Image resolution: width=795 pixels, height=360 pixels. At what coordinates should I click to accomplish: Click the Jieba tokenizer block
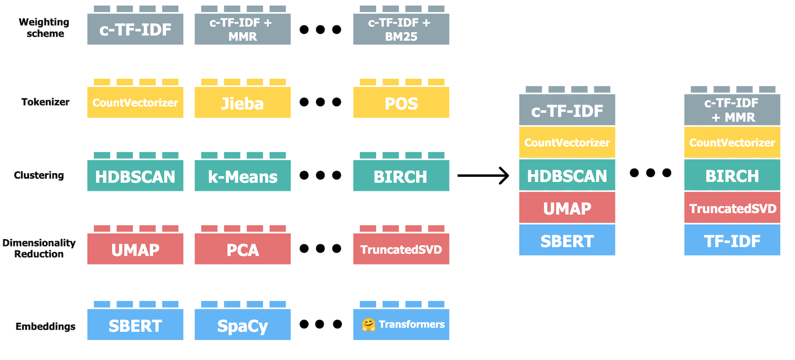(242, 102)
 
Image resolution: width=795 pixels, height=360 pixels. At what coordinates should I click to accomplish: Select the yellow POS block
(401, 102)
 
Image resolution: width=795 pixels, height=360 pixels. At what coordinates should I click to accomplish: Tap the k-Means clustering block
(242, 176)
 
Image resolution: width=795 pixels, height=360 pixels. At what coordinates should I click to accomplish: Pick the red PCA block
(242, 249)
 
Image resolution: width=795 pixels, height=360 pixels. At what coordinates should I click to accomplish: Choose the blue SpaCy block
(242, 325)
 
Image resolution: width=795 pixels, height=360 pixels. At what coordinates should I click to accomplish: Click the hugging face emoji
(368, 325)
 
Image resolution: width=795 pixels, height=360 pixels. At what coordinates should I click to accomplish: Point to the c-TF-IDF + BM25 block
(401, 29)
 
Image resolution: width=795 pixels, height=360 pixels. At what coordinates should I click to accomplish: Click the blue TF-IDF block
(732, 240)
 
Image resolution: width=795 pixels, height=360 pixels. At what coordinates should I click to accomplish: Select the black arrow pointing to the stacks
(483, 175)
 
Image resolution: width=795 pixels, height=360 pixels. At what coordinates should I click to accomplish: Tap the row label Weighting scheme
(44, 28)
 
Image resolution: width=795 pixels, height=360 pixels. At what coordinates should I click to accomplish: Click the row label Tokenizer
(45, 102)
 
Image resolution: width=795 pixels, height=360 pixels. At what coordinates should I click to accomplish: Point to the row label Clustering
(39, 175)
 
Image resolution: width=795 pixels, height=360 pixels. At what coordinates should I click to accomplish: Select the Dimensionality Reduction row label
(39, 248)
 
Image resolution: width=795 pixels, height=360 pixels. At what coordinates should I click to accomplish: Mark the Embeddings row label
(45, 326)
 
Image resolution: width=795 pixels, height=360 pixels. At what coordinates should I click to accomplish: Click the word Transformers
(412, 325)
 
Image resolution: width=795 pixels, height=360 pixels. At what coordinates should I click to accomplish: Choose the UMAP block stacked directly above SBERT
(567, 208)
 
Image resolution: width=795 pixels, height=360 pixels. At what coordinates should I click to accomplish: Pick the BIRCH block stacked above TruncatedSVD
(732, 175)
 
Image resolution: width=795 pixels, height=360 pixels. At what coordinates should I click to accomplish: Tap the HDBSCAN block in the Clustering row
(135, 176)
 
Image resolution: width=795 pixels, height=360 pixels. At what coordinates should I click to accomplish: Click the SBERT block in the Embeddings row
(135, 325)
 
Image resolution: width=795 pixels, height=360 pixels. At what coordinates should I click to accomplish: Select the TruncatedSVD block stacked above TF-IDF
(732, 208)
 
